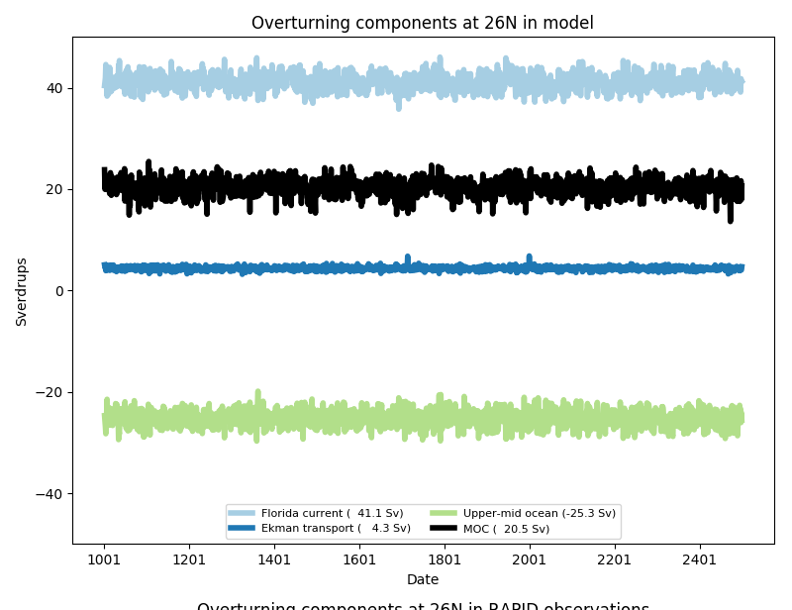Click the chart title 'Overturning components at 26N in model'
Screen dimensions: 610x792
coord(422,23)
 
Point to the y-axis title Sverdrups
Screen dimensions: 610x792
coord(22,291)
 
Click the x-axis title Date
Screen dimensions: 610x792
coord(422,579)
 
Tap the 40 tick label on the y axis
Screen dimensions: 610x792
coord(54,88)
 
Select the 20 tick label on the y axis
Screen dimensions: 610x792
coord(54,189)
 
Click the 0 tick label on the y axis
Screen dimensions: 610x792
coord(58,291)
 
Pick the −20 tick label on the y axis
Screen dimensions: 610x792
coord(49,392)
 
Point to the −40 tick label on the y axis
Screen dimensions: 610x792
coord(49,494)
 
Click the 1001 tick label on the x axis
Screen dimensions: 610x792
coord(104,559)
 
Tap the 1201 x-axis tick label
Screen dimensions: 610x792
coord(189,559)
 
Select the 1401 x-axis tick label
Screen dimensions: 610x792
coord(274,559)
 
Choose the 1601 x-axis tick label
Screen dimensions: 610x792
coord(359,559)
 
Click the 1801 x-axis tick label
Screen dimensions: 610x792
coord(445,559)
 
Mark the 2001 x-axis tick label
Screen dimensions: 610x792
coord(530,559)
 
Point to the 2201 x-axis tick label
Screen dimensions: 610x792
coord(615,559)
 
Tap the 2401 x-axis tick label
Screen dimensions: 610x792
coord(700,559)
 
